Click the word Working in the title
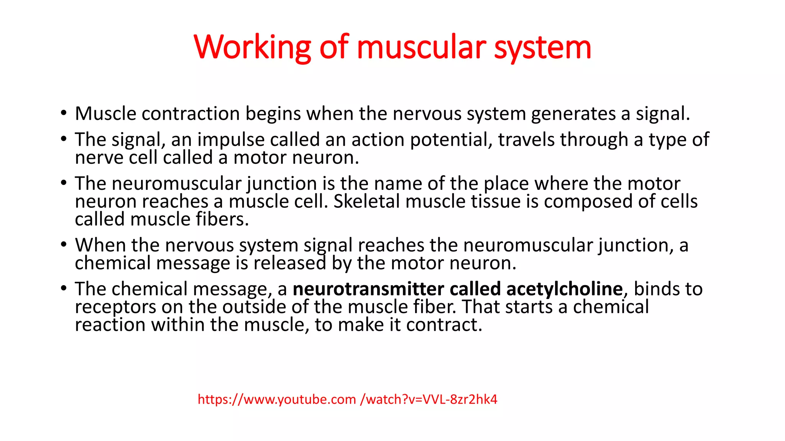coord(252,47)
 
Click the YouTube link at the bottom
coord(347,399)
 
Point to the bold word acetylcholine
coord(564,289)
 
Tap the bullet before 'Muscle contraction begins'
coord(64,113)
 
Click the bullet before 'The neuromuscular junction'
coord(64,183)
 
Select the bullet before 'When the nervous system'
coord(64,245)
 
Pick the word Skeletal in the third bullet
coord(366,201)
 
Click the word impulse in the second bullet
coord(231,139)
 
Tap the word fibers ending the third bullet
coord(222,219)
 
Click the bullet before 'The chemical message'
coord(64,289)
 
